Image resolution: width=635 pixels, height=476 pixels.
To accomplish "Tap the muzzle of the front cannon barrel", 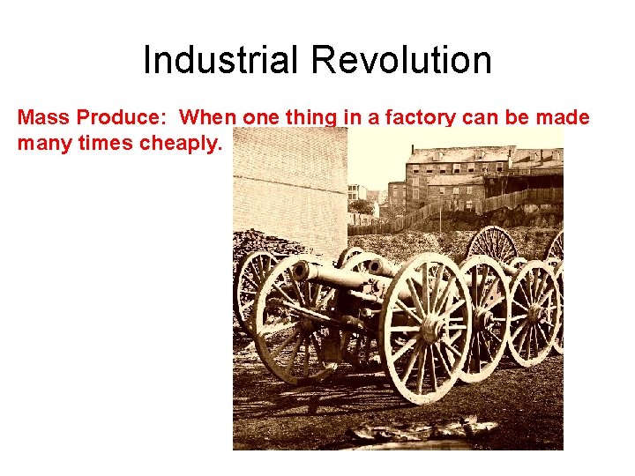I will pos(301,272).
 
